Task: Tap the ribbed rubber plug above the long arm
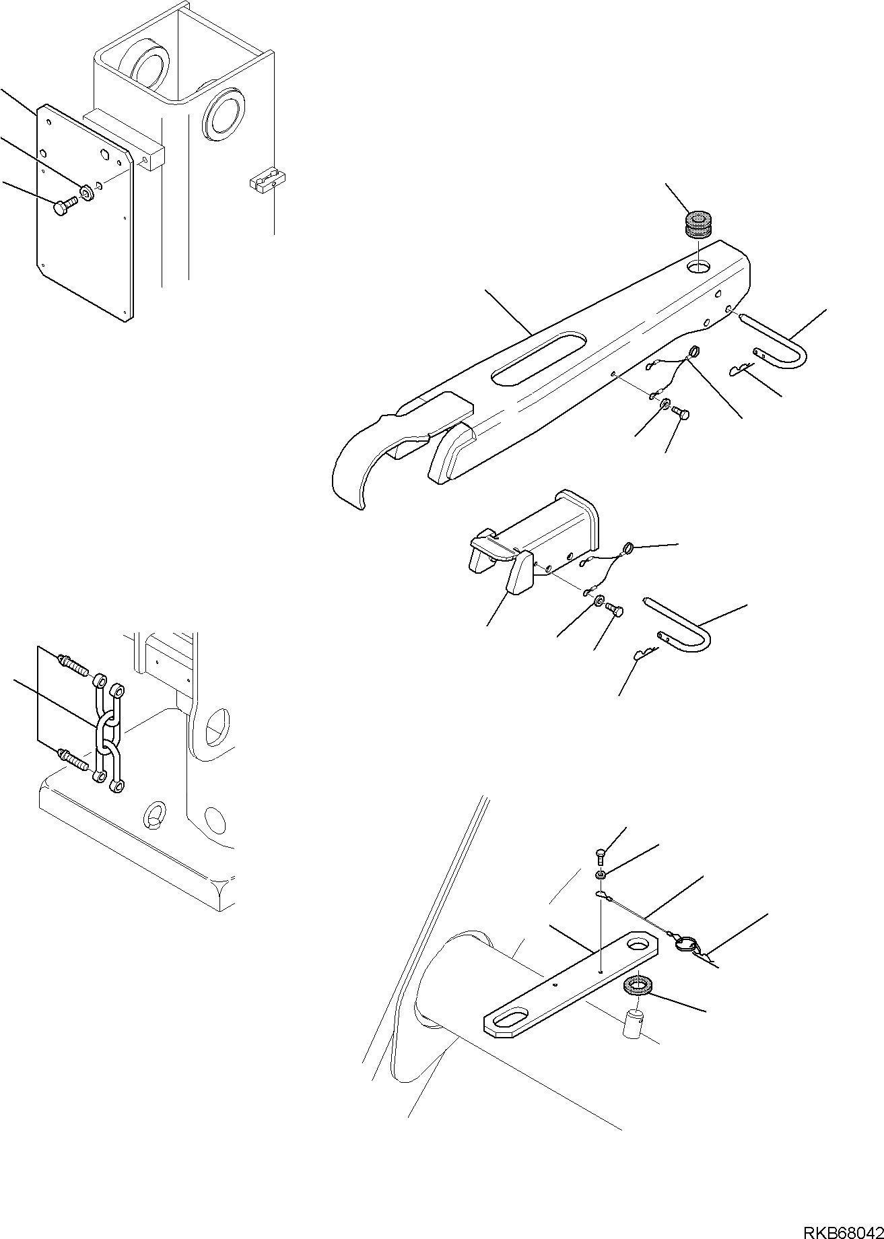click(x=698, y=224)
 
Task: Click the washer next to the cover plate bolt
click(x=86, y=193)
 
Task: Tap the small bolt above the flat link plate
click(x=601, y=857)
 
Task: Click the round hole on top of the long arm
click(x=698, y=268)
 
